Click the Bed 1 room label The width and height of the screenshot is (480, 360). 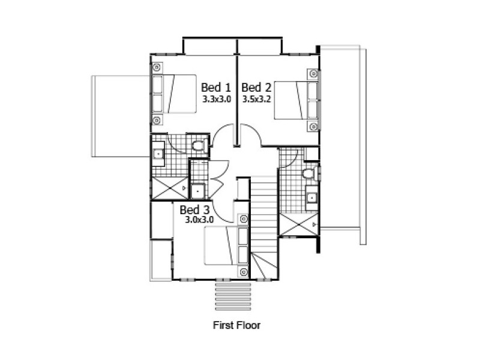[x=215, y=88]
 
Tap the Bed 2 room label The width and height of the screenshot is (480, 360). [x=256, y=88]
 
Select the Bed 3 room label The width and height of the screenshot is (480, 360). [x=194, y=210]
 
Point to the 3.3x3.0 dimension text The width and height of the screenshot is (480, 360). [x=216, y=99]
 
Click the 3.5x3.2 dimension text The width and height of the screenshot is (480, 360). [x=257, y=99]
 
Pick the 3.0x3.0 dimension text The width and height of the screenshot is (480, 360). [x=199, y=220]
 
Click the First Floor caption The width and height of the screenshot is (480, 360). [x=236, y=325]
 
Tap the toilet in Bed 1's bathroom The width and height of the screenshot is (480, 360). [x=199, y=145]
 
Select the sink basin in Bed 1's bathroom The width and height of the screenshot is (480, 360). [x=158, y=154]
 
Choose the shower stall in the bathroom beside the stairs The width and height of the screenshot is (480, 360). [x=299, y=224]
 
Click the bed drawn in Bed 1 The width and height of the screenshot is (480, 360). [x=174, y=94]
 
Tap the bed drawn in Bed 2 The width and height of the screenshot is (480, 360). [x=296, y=100]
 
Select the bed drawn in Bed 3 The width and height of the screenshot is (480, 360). [x=226, y=245]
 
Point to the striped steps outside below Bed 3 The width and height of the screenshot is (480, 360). [x=233, y=293]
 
